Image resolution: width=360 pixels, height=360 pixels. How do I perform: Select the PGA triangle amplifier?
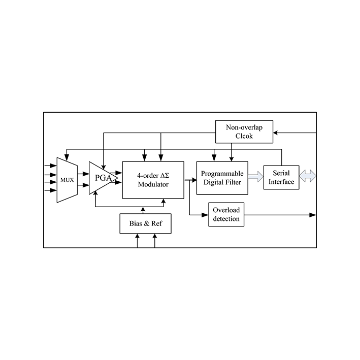[102, 178]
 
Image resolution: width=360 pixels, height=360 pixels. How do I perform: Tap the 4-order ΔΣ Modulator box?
[153, 180]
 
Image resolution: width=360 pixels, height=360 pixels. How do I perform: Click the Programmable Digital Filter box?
[222, 178]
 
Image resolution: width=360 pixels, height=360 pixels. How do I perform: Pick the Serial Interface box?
[281, 177]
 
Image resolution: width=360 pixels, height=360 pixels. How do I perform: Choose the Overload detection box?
[226, 214]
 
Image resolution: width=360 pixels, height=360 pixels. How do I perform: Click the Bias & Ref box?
[145, 223]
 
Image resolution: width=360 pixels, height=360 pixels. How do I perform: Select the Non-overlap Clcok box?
[244, 132]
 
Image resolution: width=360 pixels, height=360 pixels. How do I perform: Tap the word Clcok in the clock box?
[244, 136]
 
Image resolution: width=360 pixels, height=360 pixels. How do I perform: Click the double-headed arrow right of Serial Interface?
[308, 177]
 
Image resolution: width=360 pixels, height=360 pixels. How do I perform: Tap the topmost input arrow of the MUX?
[53, 166]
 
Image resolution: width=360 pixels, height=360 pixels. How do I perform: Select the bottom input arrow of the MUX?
[53, 190]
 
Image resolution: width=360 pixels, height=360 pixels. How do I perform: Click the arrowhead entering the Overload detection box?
[206, 215]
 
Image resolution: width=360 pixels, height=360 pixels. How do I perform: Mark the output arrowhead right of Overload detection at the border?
[313, 215]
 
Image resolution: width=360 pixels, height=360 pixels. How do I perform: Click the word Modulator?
[153, 184]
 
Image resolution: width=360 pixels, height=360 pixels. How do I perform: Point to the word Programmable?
[222, 173]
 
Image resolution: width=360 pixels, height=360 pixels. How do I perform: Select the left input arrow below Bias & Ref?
[137, 237]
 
